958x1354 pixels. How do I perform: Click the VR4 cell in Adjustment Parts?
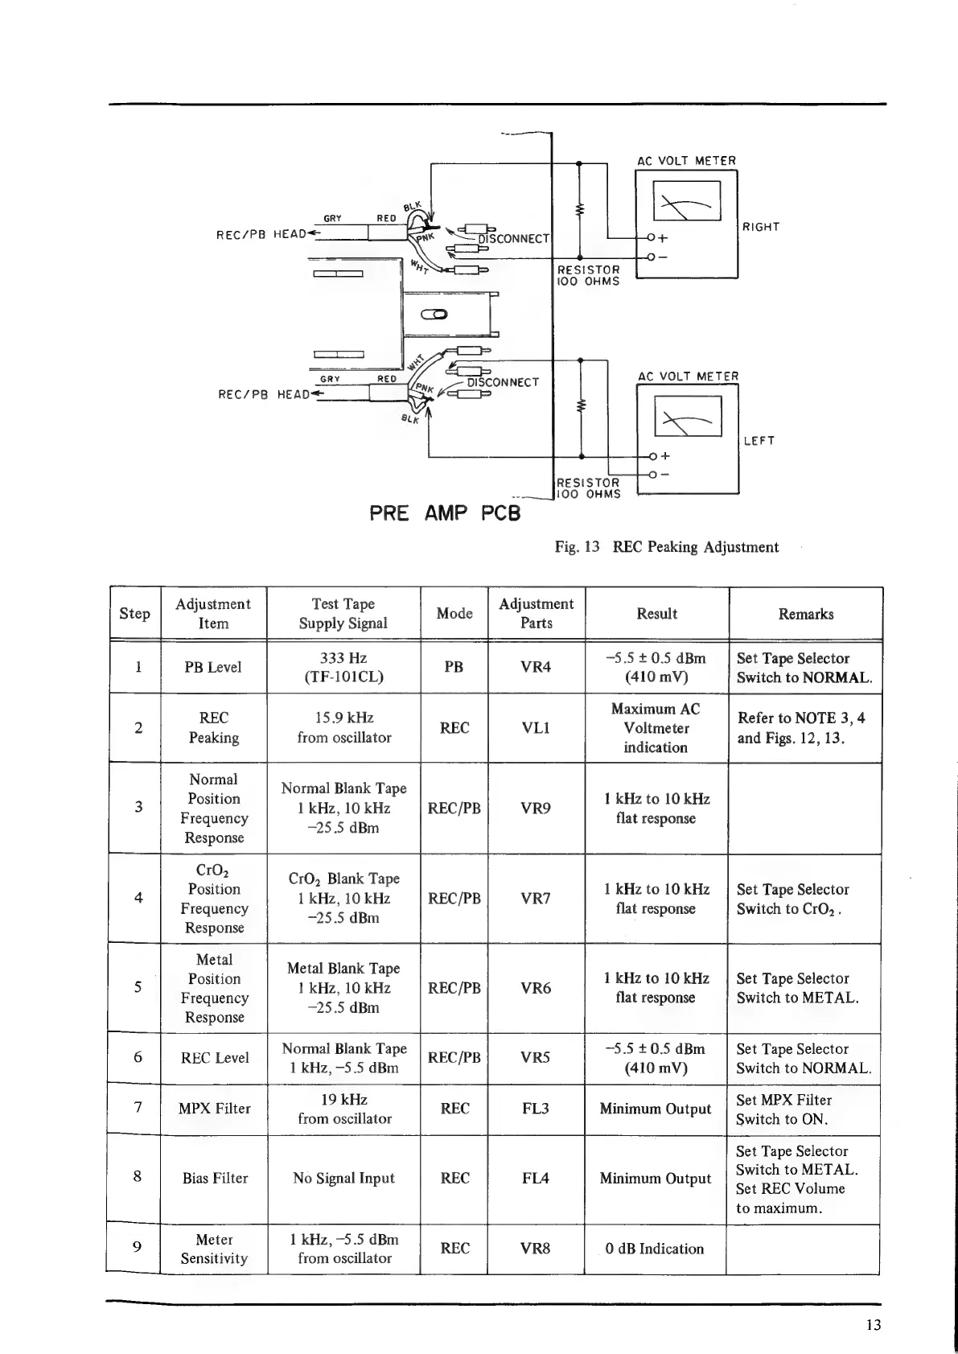tap(536, 667)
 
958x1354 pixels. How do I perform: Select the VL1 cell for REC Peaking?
tap(536, 727)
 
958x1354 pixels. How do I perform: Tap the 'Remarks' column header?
tap(805, 614)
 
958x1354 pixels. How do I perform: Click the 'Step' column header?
tap(134, 614)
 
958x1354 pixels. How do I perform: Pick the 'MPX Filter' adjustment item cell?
tap(214, 1109)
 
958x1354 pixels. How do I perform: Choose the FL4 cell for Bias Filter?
tap(536, 1178)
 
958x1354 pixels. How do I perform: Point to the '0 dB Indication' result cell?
tap(655, 1249)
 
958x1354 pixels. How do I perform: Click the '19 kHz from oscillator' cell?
tap(344, 1109)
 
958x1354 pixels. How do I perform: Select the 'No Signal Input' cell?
tap(344, 1178)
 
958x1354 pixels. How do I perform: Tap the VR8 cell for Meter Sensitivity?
tap(536, 1249)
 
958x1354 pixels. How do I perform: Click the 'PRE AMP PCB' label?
tap(445, 512)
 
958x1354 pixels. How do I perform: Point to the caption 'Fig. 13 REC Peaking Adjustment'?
tap(667, 547)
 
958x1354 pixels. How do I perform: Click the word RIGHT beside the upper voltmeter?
tap(761, 227)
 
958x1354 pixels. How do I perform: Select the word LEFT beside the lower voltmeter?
tap(759, 441)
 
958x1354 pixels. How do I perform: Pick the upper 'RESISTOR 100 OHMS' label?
tap(589, 275)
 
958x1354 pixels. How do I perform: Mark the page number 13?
tap(874, 1325)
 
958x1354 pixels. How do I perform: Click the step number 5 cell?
tap(138, 987)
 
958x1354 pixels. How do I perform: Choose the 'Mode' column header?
tap(454, 614)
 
